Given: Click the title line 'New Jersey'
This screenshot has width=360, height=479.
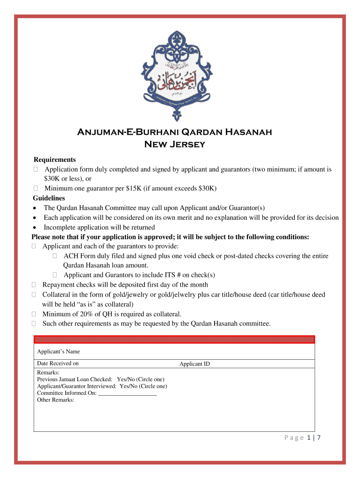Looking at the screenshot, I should point(174,144).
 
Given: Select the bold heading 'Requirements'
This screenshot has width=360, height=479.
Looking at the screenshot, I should point(54,160).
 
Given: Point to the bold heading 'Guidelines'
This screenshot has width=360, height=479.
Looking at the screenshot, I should point(49,198).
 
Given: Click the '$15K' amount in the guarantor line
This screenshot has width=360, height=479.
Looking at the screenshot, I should point(135,189).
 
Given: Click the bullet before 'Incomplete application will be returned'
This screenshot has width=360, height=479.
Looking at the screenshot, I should point(35,228).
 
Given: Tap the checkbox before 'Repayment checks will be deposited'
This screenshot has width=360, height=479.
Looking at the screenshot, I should point(34,285).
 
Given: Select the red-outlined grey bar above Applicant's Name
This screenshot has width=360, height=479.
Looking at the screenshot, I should point(174,340).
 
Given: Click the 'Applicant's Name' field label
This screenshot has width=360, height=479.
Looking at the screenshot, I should point(58,351).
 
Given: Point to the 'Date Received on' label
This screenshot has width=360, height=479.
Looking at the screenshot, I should point(58,363).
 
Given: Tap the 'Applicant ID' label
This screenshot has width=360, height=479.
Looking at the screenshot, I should point(194,364).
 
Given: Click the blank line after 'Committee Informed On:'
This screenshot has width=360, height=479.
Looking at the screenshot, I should point(127,393).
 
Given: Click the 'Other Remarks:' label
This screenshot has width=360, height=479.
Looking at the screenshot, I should point(56,400).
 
